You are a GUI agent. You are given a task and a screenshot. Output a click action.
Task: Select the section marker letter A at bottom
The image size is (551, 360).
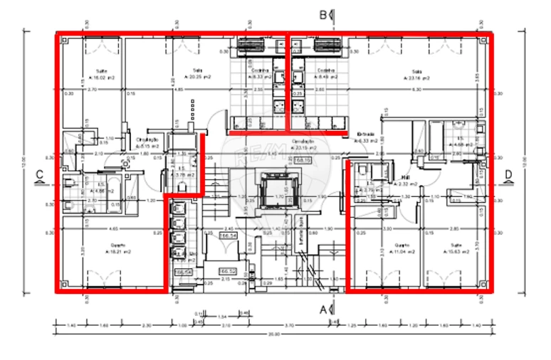click(322, 310)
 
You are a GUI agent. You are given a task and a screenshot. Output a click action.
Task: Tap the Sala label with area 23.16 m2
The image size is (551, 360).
click(417, 73)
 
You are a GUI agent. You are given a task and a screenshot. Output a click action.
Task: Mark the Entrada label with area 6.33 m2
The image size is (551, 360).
click(367, 137)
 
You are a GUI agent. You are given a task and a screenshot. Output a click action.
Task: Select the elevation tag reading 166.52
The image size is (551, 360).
click(227, 272)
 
